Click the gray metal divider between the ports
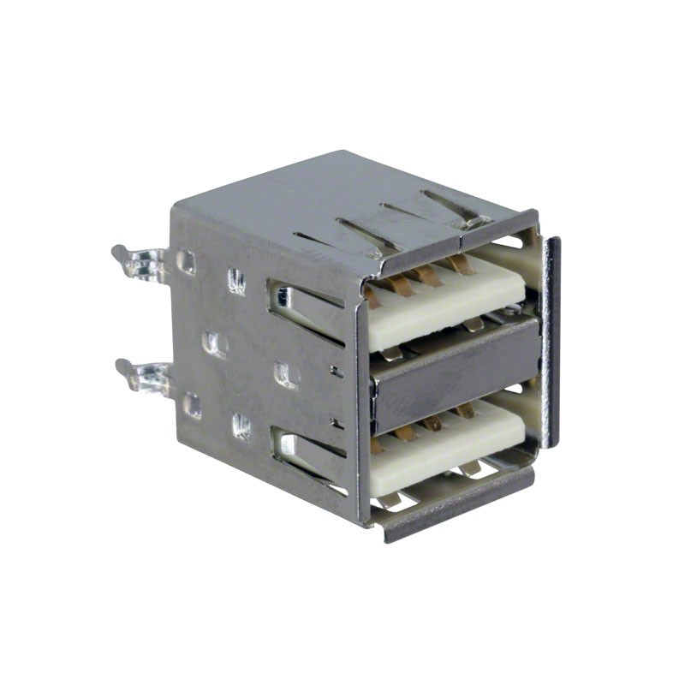454,372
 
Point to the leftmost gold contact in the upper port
375,295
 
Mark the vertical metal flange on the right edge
551,342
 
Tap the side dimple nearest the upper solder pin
186,261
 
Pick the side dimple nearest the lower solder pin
194,405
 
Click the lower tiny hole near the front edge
336,421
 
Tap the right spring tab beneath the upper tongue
472,324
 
